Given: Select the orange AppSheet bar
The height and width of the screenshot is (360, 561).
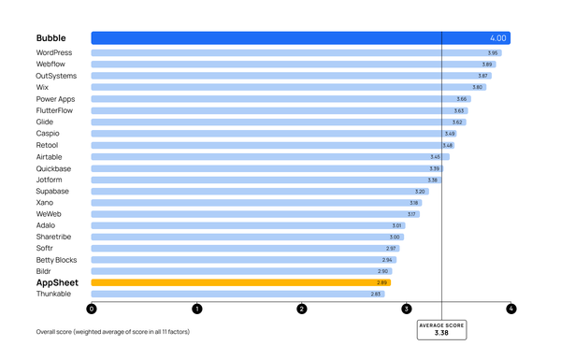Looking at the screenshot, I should (240, 282).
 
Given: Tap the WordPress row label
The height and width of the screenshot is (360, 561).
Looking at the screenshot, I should (53, 52).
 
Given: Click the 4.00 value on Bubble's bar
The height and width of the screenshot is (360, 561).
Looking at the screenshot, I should (497, 38).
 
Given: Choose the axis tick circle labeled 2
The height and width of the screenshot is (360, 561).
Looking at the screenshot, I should (301, 309).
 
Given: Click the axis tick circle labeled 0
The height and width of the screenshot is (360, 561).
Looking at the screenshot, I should (92, 309).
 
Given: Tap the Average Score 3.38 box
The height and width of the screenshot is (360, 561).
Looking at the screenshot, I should (441, 328).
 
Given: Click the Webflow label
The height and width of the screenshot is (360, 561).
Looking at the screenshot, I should (50, 64).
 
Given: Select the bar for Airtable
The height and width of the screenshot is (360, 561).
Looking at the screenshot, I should (269, 156).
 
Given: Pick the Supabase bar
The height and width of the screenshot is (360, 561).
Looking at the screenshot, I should (259, 191).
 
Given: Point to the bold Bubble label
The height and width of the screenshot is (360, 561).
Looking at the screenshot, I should (51, 38).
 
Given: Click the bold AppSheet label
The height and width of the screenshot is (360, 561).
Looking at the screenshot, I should (57, 282).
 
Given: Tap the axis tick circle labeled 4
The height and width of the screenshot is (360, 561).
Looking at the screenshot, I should (511, 309).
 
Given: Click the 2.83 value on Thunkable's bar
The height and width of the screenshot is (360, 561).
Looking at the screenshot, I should (376, 294).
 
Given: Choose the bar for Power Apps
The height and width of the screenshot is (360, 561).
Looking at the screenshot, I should (280, 98).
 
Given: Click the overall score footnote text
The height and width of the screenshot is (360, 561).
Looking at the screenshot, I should (112, 332).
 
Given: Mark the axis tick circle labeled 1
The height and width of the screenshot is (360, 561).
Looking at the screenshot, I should (196, 309).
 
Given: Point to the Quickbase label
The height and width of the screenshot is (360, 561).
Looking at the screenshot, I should (53, 168).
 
